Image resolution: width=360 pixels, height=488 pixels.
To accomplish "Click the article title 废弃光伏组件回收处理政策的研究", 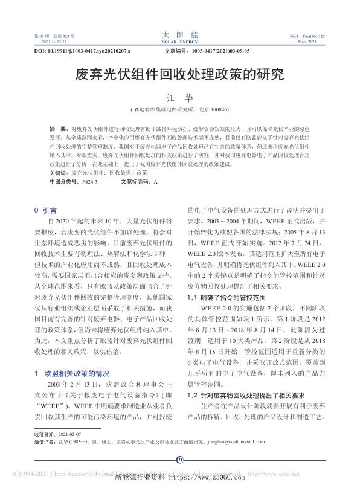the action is coord(179,75).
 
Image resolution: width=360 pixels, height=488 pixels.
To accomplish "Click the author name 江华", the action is coord(179,96).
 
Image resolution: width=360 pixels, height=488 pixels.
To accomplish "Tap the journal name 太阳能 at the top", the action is coord(179,36).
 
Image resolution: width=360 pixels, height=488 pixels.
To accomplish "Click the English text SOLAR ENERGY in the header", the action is coord(179,43).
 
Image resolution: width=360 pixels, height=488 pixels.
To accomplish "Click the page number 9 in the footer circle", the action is coord(179,460).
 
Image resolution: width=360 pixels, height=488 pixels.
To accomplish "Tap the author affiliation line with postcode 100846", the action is coord(179,110).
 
